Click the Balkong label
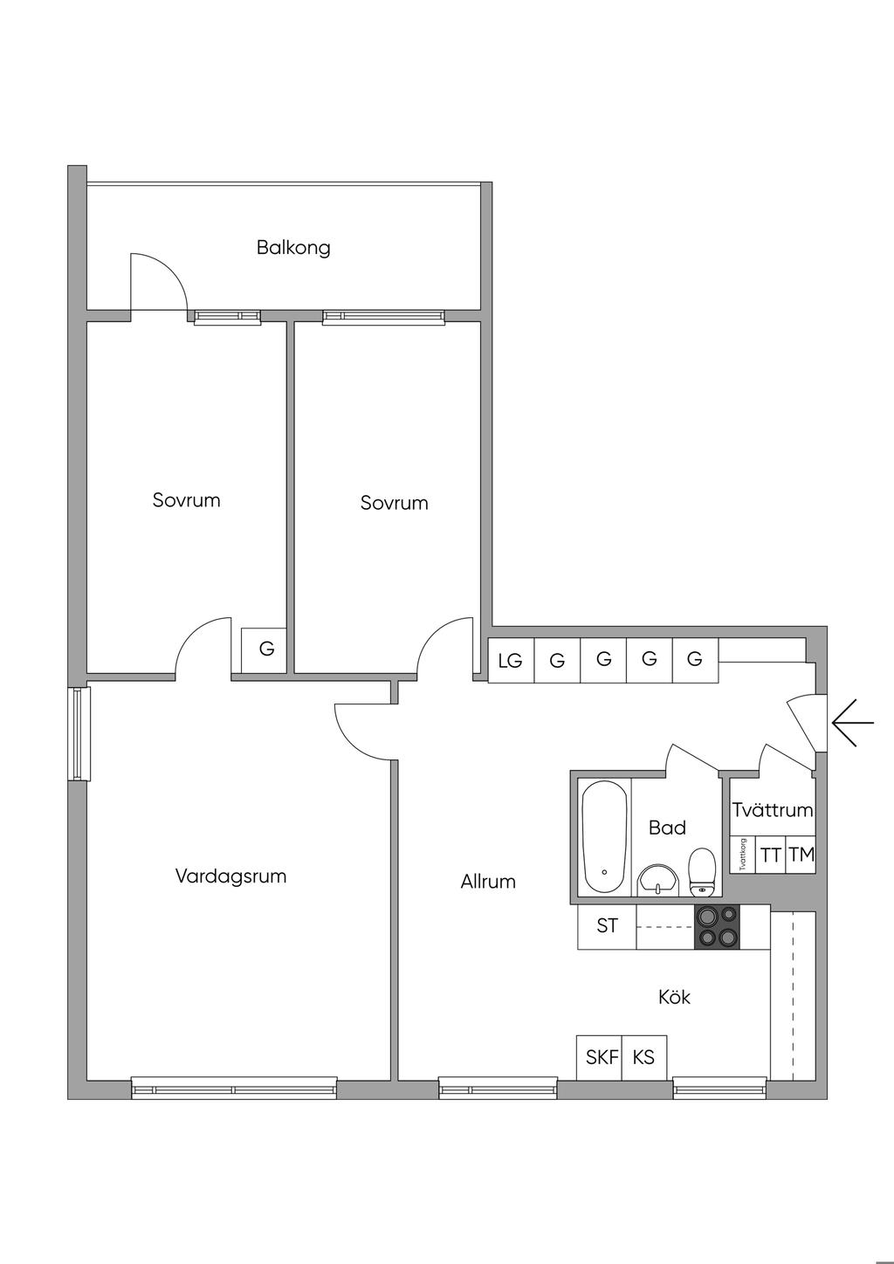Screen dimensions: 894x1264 (x=293, y=248)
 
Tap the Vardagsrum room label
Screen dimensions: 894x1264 (x=230, y=876)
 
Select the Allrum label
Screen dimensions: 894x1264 (x=488, y=882)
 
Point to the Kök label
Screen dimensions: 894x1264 (x=675, y=997)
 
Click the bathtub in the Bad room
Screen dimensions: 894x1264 (x=604, y=838)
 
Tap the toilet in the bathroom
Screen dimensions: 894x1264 (x=702, y=872)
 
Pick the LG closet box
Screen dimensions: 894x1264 (x=511, y=660)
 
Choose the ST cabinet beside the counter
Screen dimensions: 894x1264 (x=607, y=926)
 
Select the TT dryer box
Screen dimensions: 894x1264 (x=770, y=855)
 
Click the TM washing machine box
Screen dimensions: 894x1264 (x=801, y=855)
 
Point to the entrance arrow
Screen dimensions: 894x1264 (x=852, y=722)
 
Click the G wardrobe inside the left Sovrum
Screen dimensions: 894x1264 (x=265, y=650)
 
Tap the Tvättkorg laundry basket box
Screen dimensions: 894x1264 (x=743, y=855)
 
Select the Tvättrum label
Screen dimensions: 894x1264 (x=773, y=810)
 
